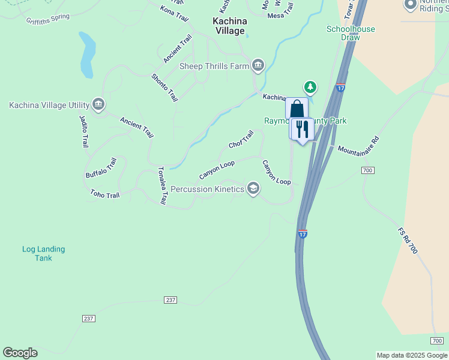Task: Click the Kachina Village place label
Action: click(229, 26)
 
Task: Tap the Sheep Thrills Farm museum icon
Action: click(258, 65)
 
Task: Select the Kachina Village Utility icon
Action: click(98, 104)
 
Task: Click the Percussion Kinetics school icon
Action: click(253, 189)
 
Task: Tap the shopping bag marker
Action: click(297, 109)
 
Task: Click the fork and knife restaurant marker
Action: click(302, 129)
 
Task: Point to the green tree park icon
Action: click(310, 88)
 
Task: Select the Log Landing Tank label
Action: click(43, 253)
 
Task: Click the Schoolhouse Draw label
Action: click(351, 33)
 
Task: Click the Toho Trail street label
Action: click(105, 194)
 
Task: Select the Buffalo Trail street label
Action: click(100, 167)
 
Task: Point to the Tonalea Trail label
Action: click(161, 186)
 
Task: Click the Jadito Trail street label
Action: click(84, 131)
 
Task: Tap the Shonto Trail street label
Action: click(164, 87)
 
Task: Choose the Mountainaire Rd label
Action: click(358, 146)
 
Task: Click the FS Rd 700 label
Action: click(408, 240)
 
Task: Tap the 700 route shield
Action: click(368, 171)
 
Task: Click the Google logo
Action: click(20, 353)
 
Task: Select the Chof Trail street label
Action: click(241, 140)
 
